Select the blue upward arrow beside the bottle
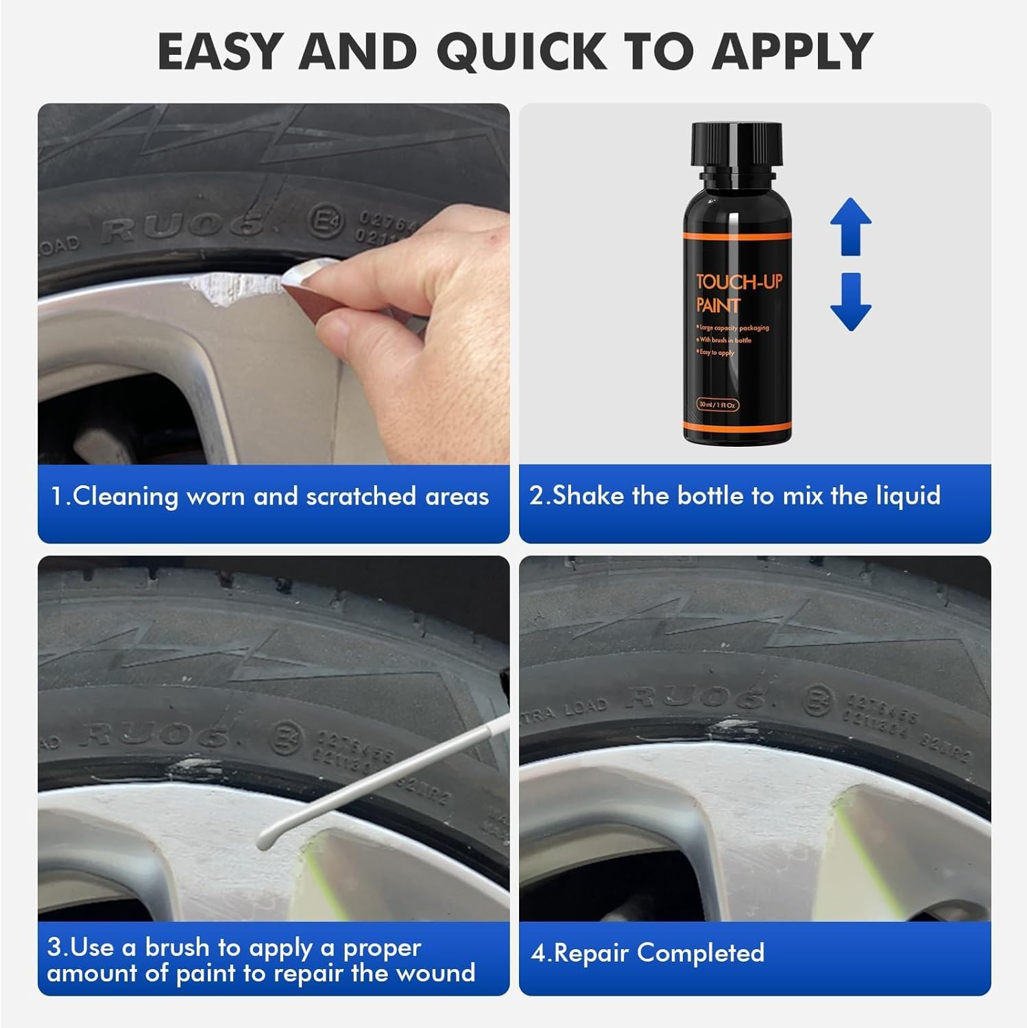pyautogui.click(x=850, y=226)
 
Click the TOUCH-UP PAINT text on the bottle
pyautogui.click(x=738, y=293)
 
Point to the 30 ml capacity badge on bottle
pyautogui.click(x=717, y=405)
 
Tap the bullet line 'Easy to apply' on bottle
pyautogui.click(x=717, y=352)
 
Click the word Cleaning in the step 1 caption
pyautogui.click(x=125, y=496)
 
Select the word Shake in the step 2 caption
pyautogui.click(x=588, y=495)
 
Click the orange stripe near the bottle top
pyautogui.click(x=738, y=236)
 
